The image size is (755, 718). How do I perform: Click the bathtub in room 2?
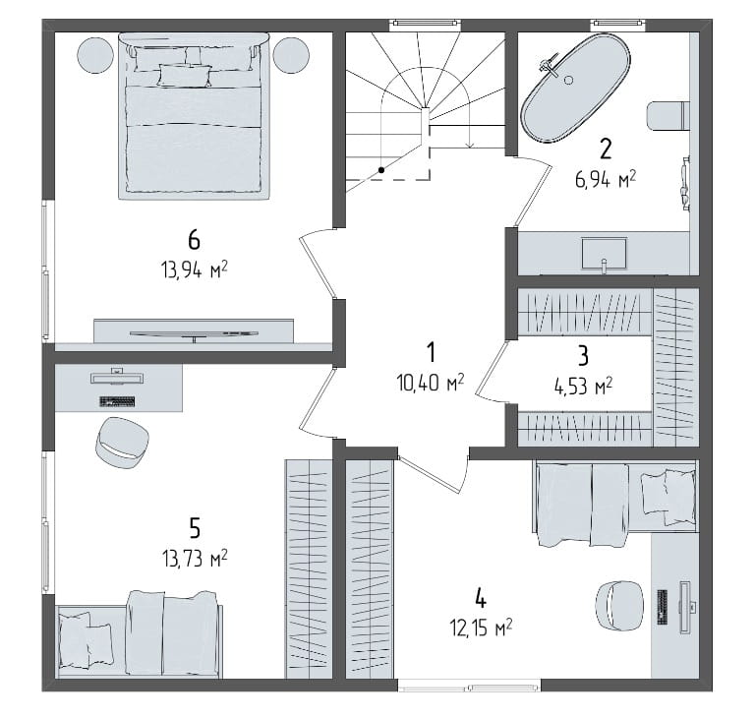pos(575,89)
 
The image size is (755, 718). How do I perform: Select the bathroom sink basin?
pos(605,253)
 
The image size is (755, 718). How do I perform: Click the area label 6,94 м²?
pos(606,180)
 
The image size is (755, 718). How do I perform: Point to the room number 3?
pos(583,357)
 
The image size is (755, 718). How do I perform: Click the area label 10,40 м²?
pos(430,383)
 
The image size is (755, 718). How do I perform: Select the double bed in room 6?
pos(194,116)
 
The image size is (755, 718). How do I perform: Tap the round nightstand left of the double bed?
pos(96,55)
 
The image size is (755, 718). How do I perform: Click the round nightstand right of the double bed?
pos(291,55)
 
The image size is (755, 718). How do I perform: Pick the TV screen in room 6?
pos(194,333)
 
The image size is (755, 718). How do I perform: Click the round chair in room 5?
pos(122,443)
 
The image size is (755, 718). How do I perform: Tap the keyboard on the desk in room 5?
pos(117,401)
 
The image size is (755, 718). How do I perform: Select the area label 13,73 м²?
pos(195,559)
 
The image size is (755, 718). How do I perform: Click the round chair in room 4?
pos(619,605)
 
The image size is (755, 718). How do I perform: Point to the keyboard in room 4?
pos(662,607)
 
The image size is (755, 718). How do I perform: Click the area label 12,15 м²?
pos(481,628)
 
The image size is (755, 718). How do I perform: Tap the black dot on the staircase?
pos(381,169)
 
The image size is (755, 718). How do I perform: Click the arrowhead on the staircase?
pos(470,145)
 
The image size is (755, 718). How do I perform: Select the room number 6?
pos(194,239)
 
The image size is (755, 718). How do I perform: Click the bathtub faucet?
pos(547,66)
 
